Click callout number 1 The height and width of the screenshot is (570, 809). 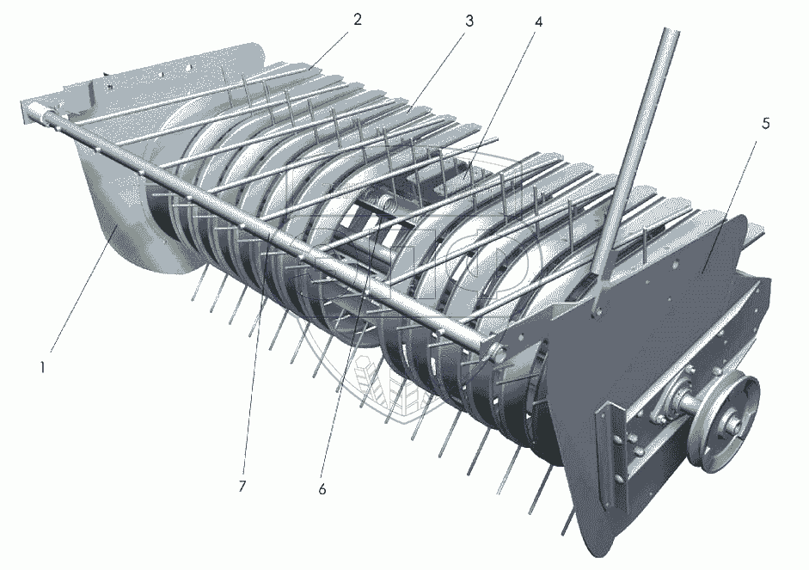(44, 368)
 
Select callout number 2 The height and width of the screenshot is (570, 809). (358, 20)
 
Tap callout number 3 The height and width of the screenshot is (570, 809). (469, 21)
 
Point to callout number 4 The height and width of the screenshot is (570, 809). (538, 22)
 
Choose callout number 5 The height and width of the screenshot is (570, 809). (766, 124)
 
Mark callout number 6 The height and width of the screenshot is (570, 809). (322, 489)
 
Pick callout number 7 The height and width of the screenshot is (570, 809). (242, 486)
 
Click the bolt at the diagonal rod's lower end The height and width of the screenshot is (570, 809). (597, 311)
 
